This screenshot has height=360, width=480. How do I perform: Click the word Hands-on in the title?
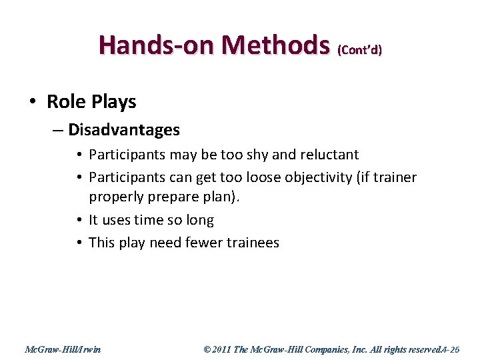(x=157, y=45)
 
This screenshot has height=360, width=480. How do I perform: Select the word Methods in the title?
(x=275, y=45)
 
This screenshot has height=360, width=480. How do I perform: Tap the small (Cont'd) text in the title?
(x=359, y=50)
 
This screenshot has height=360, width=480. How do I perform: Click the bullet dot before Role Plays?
(x=33, y=102)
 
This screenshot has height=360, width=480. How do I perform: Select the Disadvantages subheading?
(x=123, y=129)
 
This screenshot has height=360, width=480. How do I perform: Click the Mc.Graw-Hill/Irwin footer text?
(x=63, y=348)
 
